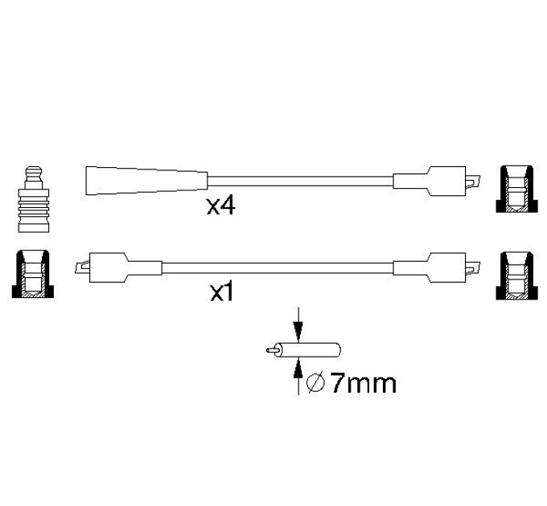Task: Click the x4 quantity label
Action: [221, 206]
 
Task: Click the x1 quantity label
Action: [221, 293]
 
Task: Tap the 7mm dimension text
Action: [363, 383]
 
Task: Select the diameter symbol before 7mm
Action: [315, 383]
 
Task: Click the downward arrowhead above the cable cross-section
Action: [298, 330]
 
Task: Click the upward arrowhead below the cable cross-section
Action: [298, 369]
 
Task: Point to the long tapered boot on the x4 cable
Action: [146, 181]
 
